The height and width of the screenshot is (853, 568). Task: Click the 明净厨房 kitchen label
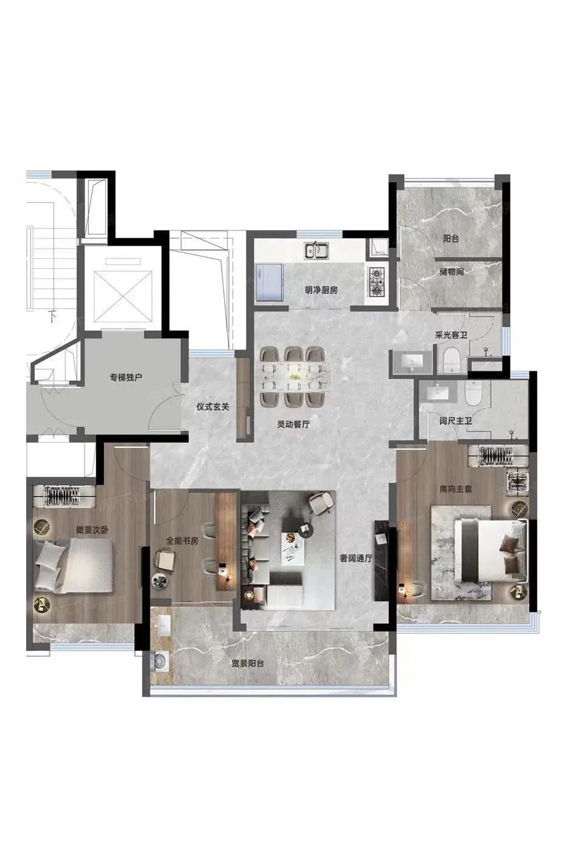point(321,291)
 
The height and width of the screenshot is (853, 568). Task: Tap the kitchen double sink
point(316,250)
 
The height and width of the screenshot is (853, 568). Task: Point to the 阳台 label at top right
point(451,239)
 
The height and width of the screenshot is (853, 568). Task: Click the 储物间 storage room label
point(451,272)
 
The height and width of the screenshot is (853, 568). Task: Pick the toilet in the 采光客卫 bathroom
point(452,359)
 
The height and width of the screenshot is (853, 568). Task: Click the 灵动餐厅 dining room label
point(293,424)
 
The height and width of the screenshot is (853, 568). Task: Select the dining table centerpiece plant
point(293,377)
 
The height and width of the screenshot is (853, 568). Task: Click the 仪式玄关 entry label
point(212,407)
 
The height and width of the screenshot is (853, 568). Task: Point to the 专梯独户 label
point(126,378)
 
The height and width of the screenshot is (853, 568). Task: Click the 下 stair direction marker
point(52,316)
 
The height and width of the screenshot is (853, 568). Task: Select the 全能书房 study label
point(182,541)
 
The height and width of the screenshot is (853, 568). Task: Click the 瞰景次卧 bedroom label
point(92,529)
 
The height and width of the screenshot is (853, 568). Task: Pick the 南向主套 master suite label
point(456,489)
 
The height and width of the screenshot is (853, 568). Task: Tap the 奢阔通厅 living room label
point(356,559)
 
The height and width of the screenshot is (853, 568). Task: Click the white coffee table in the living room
point(293,548)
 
